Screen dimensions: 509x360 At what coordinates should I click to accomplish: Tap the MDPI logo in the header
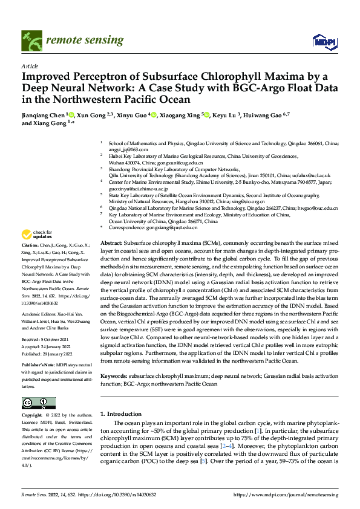(x=321, y=41)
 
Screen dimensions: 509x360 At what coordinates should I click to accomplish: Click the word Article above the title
(x=29, y=66)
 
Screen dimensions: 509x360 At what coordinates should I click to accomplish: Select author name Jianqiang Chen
(x=44, y=114)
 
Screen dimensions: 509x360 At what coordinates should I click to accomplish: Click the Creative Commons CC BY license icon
(x=38, y=403)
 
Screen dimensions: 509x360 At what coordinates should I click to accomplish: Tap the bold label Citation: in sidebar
(x=31, y=262)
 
